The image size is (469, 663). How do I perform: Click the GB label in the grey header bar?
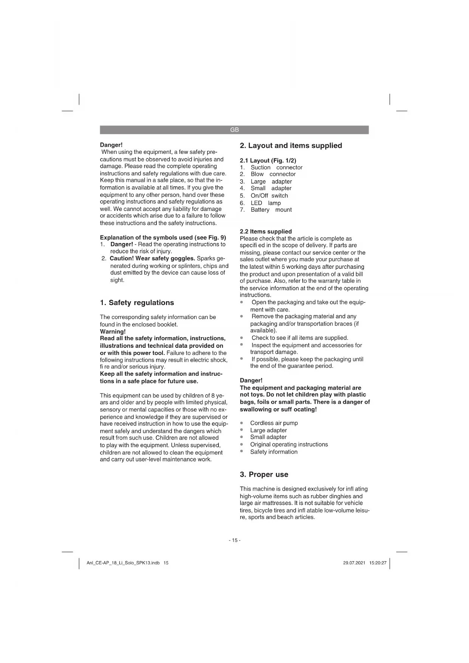coord(234,130)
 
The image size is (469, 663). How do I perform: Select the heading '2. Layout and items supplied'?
coord(291,146)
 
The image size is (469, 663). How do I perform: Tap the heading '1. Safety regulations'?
coord(137,302)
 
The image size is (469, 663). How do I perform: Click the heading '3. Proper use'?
coord(264,474)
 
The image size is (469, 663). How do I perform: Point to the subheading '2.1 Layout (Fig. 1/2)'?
coord(268,160)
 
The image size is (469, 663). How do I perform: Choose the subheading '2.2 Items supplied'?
coord(266,231)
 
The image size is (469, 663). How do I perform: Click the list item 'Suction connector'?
coord(276,167)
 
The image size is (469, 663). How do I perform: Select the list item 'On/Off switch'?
coord(269,195)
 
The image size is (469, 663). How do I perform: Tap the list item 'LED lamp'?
coord(266,203)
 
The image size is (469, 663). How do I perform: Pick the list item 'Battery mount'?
coord(271,210)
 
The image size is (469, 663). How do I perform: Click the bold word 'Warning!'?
coord(113,331)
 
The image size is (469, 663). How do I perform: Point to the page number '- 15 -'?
coord(234,540)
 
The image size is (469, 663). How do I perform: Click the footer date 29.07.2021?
coord(354,563)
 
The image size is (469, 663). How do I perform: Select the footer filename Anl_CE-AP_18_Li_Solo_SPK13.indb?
coord(123,563)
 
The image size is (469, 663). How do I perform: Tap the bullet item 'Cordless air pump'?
coord(274,423)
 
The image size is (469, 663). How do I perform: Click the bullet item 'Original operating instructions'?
coord(289,445)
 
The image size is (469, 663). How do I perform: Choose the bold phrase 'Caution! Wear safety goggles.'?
coord(152,259)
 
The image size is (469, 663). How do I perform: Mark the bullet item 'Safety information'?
coord(274,452)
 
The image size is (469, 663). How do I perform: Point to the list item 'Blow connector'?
coord(273,174)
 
